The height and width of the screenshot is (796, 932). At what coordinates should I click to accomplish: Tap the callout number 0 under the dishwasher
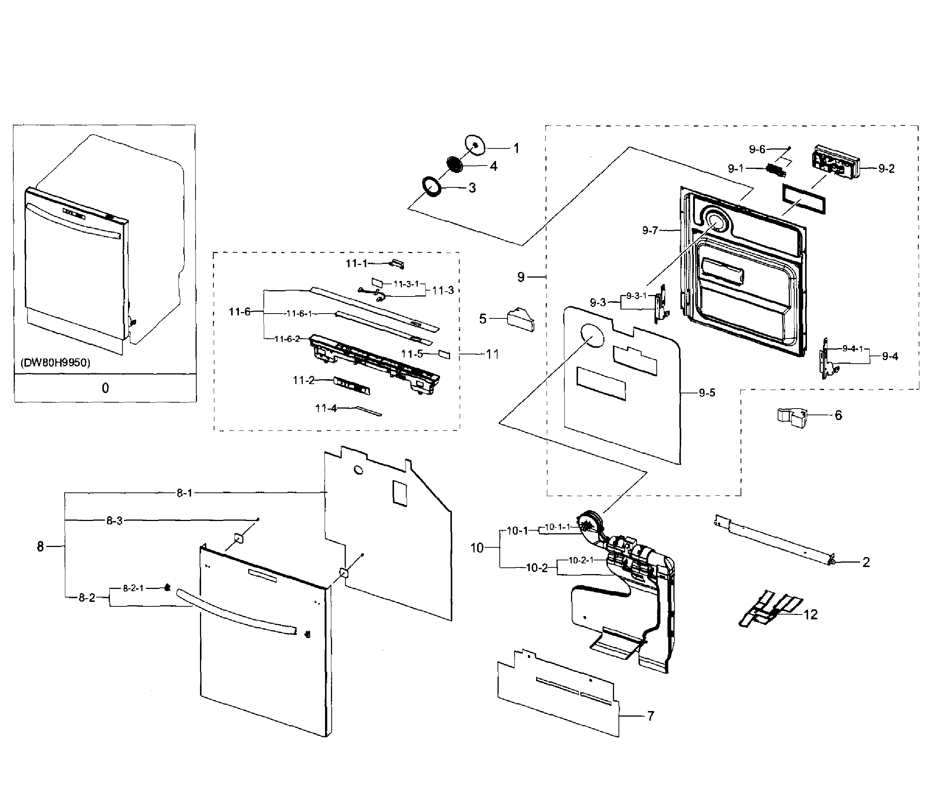[x=105, y=388]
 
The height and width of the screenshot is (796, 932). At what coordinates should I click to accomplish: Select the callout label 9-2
[x=886, y=169]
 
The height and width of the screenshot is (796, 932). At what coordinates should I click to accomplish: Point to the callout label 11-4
[x=326, y=409]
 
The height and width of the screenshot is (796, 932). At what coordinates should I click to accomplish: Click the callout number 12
[x=811, y=615]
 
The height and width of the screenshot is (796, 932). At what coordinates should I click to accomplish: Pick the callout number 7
[x=650, y=716]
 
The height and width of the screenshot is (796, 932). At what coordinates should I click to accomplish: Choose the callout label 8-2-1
[x=133, y=589]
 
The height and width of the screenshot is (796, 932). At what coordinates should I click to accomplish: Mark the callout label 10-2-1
[x=581, y=561]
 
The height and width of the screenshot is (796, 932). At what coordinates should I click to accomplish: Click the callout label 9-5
[x=707, y=393]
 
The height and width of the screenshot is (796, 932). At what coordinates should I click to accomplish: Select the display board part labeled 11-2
[x=352, y=386]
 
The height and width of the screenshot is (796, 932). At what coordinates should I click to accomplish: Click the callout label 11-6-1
[x=299, y=314]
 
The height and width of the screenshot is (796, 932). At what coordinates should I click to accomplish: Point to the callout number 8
[x=40, y=547]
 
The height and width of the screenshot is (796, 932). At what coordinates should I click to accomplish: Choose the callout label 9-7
[x=650, y=231]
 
